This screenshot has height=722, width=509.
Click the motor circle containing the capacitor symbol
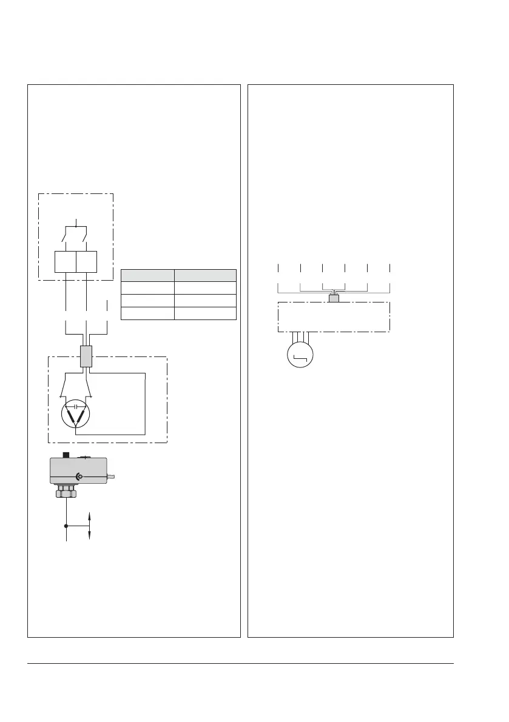tap(75, 415)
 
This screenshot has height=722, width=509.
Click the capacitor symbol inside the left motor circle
tap(75, 404)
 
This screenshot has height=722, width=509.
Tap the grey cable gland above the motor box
tap(86, 356)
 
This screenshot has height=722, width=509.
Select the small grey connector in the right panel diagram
tap(334, 298)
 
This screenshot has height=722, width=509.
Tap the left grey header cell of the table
tap(148, 275)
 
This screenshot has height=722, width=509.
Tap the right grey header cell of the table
tap(206, 275)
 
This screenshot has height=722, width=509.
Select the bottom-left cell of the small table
tap(148, 313)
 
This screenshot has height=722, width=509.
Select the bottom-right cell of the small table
tap(206, 313)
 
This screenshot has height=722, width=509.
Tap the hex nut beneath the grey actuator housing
tap(66, 494)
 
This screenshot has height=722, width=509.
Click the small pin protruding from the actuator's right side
tap(111, 477)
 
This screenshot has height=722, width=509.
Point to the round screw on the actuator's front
tap(78, 476)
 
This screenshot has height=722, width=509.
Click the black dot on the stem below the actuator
tap(66, 526)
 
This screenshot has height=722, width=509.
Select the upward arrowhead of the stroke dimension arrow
tap(90, 515)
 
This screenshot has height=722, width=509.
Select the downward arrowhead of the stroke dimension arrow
tap(90, 536)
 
